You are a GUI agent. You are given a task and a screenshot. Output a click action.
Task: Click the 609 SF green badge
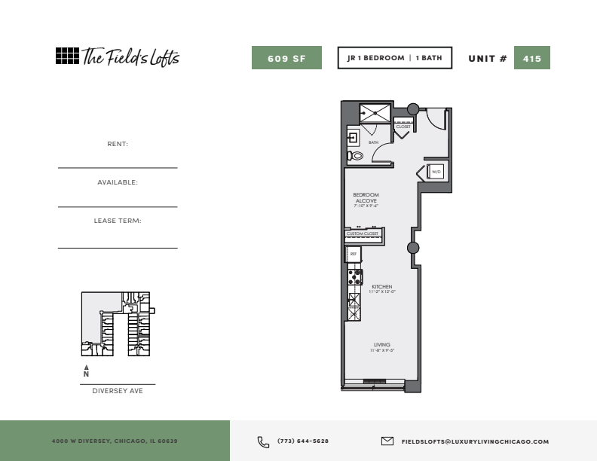tap(286, 58)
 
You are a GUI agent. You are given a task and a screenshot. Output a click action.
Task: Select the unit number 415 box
tap(532, 58)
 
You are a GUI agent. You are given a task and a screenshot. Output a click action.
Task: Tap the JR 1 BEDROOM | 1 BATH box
tap(395, 58)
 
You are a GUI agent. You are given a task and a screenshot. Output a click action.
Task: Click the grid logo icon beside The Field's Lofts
tap(67, 56)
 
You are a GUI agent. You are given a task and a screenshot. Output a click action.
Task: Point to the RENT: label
tap(118, 144)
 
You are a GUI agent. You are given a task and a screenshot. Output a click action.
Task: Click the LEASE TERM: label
tap(118, 221)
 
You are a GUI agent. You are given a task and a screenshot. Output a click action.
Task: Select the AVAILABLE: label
tap(118, 182)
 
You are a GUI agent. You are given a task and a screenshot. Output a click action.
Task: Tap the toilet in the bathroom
tap(355, 155)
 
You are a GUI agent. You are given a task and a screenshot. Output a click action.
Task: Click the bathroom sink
tap(354, 137)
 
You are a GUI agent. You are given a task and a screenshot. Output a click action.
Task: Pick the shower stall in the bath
tap(375, 113)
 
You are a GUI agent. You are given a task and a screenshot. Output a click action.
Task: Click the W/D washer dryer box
tap(436, 172)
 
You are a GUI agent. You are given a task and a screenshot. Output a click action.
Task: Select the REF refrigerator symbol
tap(354, 254)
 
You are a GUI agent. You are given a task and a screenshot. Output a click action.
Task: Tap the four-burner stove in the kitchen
tap(355, 277)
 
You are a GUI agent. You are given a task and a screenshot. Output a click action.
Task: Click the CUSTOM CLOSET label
tap(363, 234)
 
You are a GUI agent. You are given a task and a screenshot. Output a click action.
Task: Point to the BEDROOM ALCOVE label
tap(366, 198)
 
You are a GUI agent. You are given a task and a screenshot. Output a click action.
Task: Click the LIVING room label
tap(382, 344)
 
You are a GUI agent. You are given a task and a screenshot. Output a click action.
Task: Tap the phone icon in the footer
tap(263, 442)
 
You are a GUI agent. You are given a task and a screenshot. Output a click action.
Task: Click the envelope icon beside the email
tap(387, 441)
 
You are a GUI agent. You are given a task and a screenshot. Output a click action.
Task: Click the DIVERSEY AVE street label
tap(118, 391)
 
